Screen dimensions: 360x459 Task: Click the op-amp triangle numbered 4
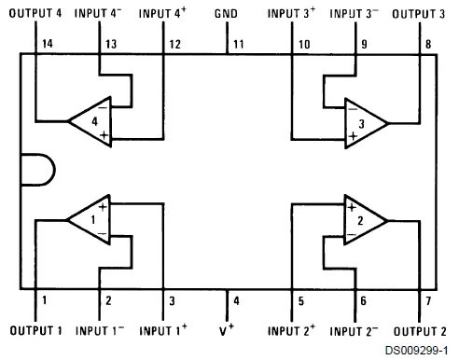90,121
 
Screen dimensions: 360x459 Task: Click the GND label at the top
227,14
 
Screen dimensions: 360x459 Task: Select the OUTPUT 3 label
418,14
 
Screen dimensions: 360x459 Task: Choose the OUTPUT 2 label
418,331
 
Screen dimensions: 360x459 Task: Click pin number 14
48,44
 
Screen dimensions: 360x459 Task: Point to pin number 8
428,44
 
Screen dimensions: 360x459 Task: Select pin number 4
235,301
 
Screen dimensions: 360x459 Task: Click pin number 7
428,301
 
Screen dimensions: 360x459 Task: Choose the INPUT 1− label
101,331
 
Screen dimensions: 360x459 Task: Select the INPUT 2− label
355,331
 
